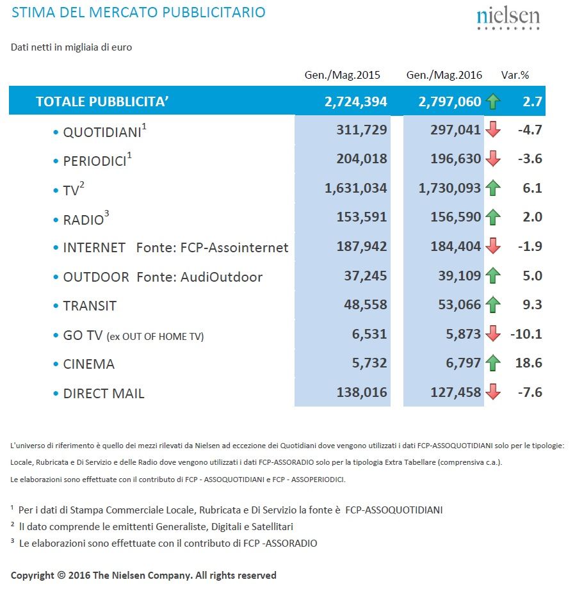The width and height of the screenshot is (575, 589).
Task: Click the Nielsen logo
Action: [508, 19]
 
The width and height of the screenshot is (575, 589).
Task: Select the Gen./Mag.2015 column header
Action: [342, 75]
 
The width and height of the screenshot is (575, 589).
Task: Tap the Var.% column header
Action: [515, 75]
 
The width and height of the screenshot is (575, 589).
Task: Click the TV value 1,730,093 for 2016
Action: [449, 188]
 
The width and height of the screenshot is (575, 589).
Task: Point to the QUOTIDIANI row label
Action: [102, 133]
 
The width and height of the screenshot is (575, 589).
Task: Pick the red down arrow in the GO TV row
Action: [493, 333]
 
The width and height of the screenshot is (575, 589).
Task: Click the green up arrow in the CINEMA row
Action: [493, 362]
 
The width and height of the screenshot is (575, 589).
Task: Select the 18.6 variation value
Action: [528, 363]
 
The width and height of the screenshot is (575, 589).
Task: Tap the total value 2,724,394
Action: [355, 102]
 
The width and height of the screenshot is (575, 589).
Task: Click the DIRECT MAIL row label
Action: [104, 394]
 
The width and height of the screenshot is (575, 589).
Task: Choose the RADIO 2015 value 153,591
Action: [362, 217]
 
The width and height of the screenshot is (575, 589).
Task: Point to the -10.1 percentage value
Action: [526, 334]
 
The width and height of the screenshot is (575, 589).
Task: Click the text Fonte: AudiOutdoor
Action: [199, 277]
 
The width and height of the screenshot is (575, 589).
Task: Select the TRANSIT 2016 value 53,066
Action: [459, 305]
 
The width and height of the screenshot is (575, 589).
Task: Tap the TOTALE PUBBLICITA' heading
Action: [102, 101]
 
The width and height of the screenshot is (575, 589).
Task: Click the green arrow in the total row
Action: [493, 101]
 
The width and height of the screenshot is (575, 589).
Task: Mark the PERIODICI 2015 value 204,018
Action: [362, 159]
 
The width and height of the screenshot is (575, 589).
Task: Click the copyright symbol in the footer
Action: [61, 575]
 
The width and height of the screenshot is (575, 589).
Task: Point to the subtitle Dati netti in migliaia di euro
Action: [71, 47]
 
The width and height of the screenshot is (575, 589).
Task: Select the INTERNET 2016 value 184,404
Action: [455, 246]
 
